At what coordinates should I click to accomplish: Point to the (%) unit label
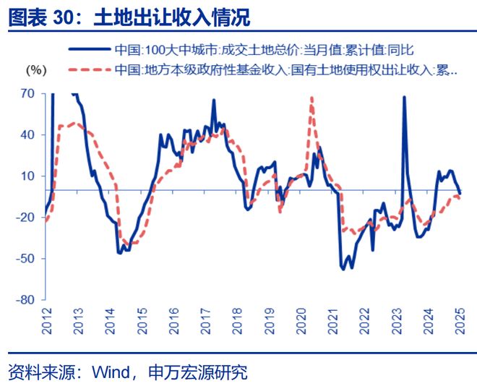coord(35,70)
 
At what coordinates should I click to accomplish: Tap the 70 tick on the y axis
coord(28,93)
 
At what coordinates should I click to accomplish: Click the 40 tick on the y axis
coord(28,134)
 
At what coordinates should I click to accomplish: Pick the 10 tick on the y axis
coord(28,176)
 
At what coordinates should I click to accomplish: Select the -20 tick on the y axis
coord(27,217)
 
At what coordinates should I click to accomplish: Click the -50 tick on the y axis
coord(27,258)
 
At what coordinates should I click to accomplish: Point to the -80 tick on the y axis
coord(27,299)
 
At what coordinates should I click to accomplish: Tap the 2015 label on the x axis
coord(142,317)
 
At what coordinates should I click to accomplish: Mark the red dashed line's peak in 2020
coord(311,98)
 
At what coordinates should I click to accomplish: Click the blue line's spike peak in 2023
coord(403,96)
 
